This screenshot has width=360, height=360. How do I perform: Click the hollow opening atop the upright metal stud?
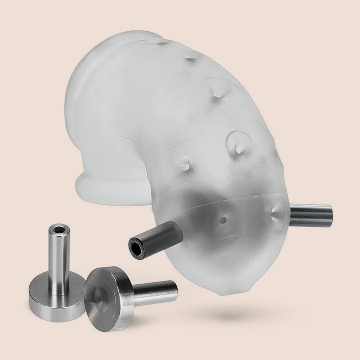(x=59, y=229)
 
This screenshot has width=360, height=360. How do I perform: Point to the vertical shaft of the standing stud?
(x=59, y=260)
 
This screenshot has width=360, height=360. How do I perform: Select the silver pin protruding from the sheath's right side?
(x=310, y=215)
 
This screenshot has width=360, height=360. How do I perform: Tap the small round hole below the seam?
(x=223, y=220)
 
